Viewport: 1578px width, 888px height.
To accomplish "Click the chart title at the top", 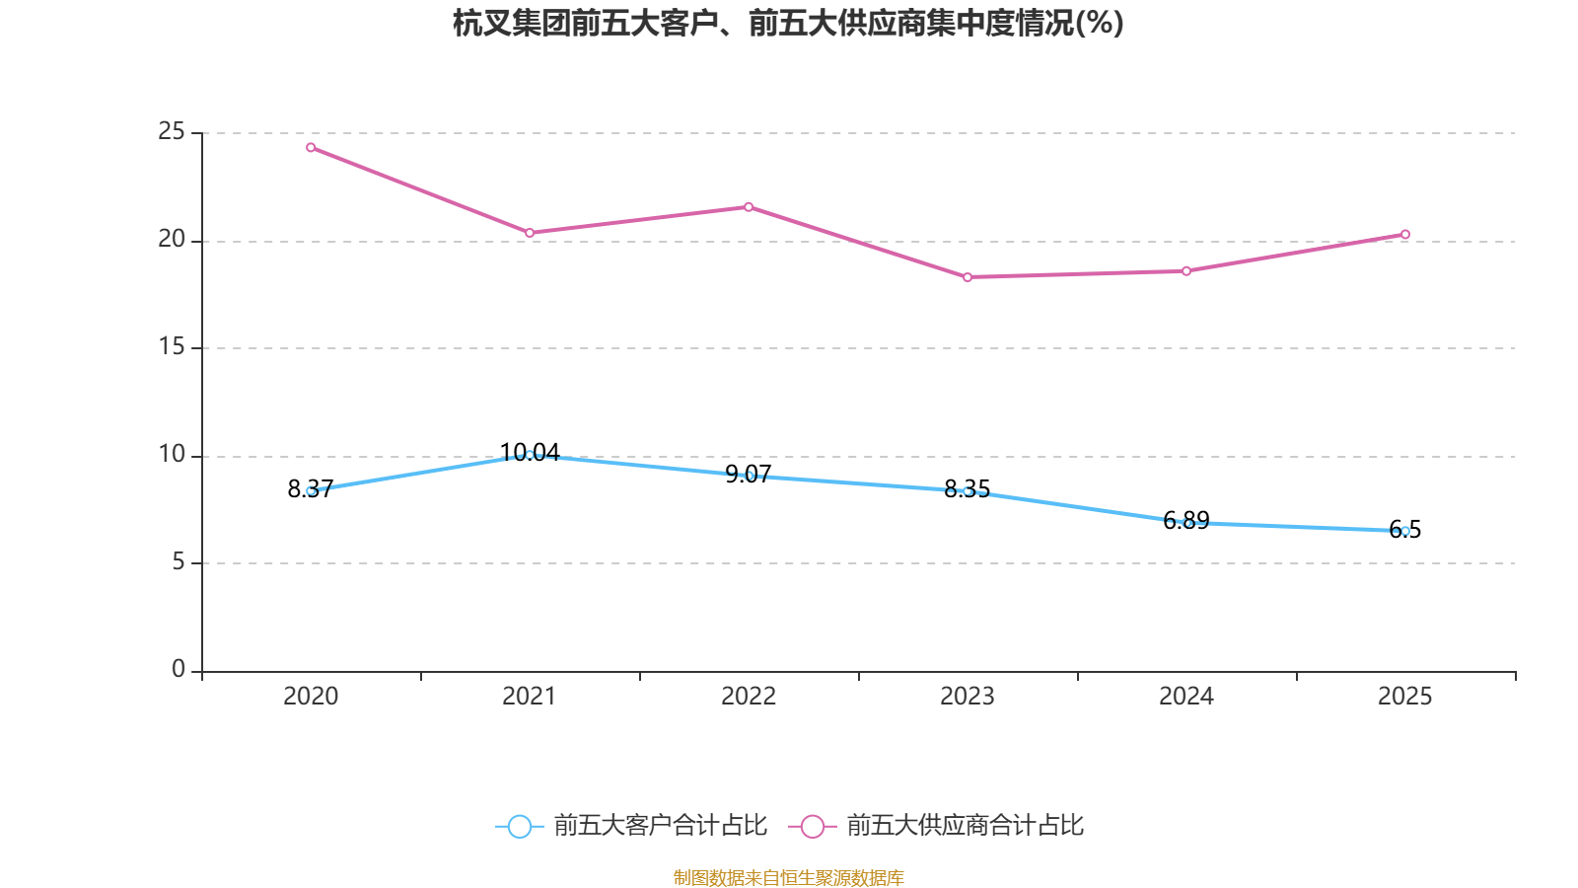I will (788, 23).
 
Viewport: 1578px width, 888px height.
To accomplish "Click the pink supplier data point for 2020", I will (311, 148).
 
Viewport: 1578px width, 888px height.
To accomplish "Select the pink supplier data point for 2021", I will (530, 233).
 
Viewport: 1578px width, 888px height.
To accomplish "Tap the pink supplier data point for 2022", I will (749, 207).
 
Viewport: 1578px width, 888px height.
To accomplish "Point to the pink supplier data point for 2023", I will (968, 277).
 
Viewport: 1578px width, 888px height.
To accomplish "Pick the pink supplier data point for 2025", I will (1405, 235).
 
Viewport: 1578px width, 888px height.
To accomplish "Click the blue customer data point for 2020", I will (311, 490).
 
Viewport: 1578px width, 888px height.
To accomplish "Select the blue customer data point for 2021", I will (530, 455).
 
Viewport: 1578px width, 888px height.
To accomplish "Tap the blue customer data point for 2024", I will (1186, 523).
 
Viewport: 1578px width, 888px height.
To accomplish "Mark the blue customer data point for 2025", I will (1405, 531).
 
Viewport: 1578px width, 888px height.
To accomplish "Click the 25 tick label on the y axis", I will (172, 131).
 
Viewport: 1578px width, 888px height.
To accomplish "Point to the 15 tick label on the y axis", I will (172, 346).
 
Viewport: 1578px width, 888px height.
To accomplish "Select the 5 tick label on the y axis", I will (179, 561).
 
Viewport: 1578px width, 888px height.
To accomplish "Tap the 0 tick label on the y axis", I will (179, 669).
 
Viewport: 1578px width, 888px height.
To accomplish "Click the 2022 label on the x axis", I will (749, 697).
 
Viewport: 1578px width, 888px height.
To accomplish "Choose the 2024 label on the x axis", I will (1186, 697).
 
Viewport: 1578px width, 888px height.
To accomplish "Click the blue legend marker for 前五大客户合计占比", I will (519, 826).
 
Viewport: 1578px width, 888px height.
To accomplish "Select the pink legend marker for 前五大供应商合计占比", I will (812, 826).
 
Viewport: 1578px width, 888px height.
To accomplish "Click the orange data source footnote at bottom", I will (788, 877).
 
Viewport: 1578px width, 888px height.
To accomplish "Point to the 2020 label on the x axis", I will (311, 697).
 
